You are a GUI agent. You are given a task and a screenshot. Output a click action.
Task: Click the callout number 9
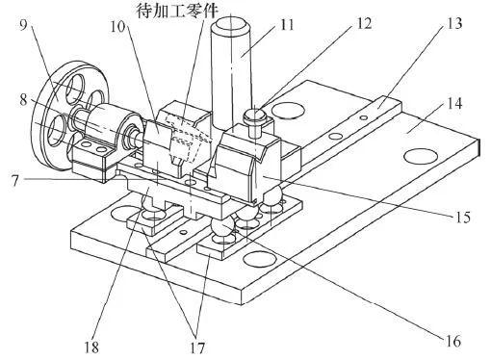(23, 25)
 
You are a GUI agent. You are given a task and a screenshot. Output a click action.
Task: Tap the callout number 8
(23, 100)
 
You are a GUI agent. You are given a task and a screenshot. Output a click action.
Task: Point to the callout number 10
(117, 26)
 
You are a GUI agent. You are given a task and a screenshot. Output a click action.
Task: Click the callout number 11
(286, 25)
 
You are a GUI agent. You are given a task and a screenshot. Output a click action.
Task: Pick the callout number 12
(364, 23)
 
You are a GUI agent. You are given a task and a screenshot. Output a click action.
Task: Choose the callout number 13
(454, 23)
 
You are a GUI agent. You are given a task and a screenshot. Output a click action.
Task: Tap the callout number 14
(454, 103)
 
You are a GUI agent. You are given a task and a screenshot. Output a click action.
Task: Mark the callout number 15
(463, 218)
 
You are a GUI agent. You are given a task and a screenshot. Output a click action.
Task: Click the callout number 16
(453, 341)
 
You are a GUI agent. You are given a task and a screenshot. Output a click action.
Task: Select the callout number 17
(197, 347)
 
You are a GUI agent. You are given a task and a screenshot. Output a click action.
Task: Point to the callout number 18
(91, 347)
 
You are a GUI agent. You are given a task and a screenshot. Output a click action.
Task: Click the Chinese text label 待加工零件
(177, 11)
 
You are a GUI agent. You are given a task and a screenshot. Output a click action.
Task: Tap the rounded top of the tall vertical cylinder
(231, 24)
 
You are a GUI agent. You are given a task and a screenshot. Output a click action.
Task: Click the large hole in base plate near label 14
(421, 157)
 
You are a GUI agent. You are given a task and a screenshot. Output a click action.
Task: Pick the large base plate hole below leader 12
(288, 111)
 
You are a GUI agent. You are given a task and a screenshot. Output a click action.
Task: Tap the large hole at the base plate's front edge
(260, 259)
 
